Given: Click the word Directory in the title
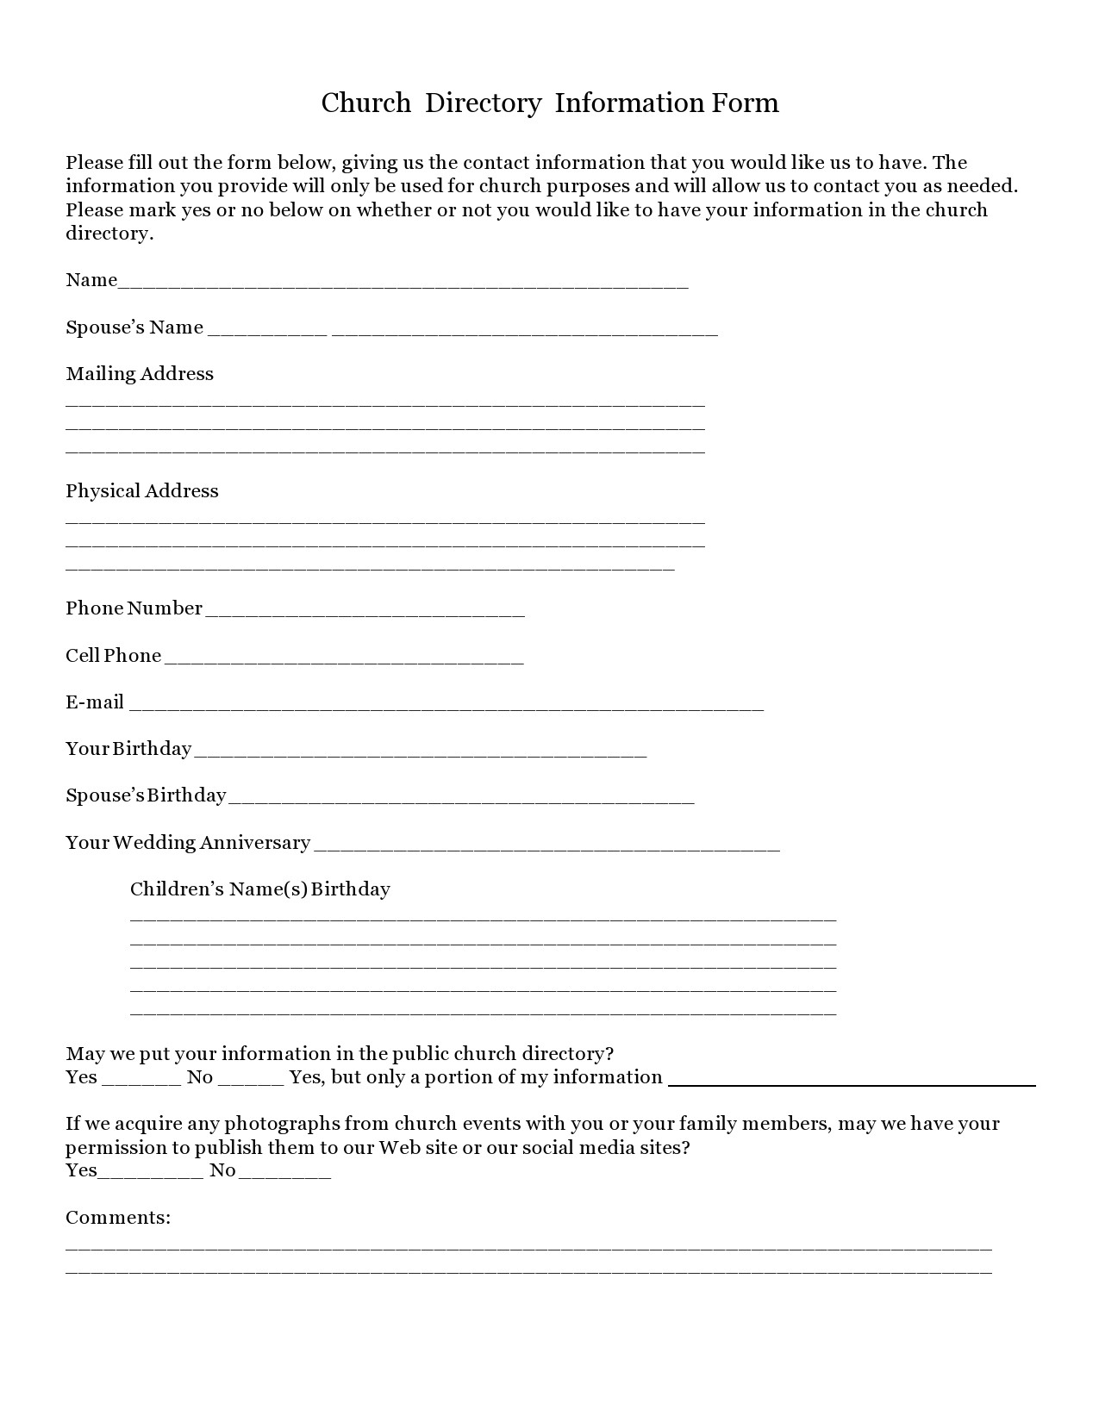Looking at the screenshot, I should (x=483, y=103).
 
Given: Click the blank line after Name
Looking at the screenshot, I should (x=403, y=284).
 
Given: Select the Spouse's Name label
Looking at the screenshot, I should (x=134, y=327).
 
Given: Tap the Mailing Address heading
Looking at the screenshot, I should (x=140, y=374).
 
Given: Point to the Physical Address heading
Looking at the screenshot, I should (x=142, y=491).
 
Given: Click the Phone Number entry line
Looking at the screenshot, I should (x=365, y=613).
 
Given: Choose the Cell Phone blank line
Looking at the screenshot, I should (x=343, y=660).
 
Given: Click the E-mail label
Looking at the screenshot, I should (x=95, y=702).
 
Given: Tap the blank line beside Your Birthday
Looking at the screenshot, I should (x=420, y=753).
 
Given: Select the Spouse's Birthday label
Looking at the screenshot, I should (x=146, y=795).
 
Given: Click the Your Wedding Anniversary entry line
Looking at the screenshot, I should (x=546, y=847).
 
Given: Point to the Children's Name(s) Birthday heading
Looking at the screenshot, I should (x=259, y=889).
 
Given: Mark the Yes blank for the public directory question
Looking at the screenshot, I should (x=140, y=1082).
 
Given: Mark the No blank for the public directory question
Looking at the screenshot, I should (x=250, y=1082).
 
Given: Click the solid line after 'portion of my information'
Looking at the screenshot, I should (x=852, y=1084).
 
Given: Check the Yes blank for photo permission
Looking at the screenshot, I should (x=151, y=1175).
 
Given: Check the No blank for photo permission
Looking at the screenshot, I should (x=284, y=1175).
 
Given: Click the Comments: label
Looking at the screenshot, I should (x=118, y=1218).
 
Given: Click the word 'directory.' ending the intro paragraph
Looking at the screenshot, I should (x=109, y=234).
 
